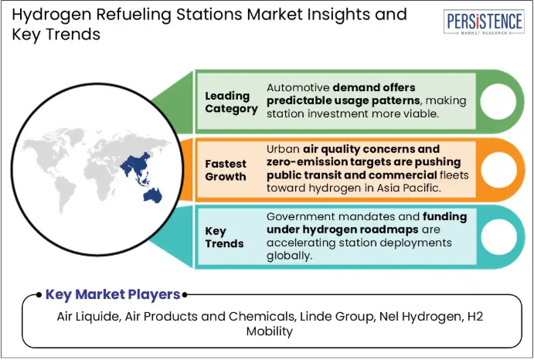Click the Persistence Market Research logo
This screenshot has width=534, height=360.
484,22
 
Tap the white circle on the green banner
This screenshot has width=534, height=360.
498,101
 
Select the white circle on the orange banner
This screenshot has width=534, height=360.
498,170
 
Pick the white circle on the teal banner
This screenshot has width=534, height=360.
498,237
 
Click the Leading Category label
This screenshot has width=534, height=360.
231,102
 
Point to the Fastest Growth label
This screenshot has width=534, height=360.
226,170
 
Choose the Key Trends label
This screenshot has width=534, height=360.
224,237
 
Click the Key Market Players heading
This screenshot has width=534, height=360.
113,294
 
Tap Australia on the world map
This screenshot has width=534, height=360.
152,195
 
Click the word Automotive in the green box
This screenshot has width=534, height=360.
298,87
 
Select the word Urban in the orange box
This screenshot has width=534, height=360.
283,149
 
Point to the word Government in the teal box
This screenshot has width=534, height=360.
300,216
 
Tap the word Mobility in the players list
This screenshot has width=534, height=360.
270,331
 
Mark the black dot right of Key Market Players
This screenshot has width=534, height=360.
185,295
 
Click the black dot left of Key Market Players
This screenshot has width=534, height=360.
39,295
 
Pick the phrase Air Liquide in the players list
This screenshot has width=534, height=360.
89,317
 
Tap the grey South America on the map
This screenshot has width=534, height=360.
65,193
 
